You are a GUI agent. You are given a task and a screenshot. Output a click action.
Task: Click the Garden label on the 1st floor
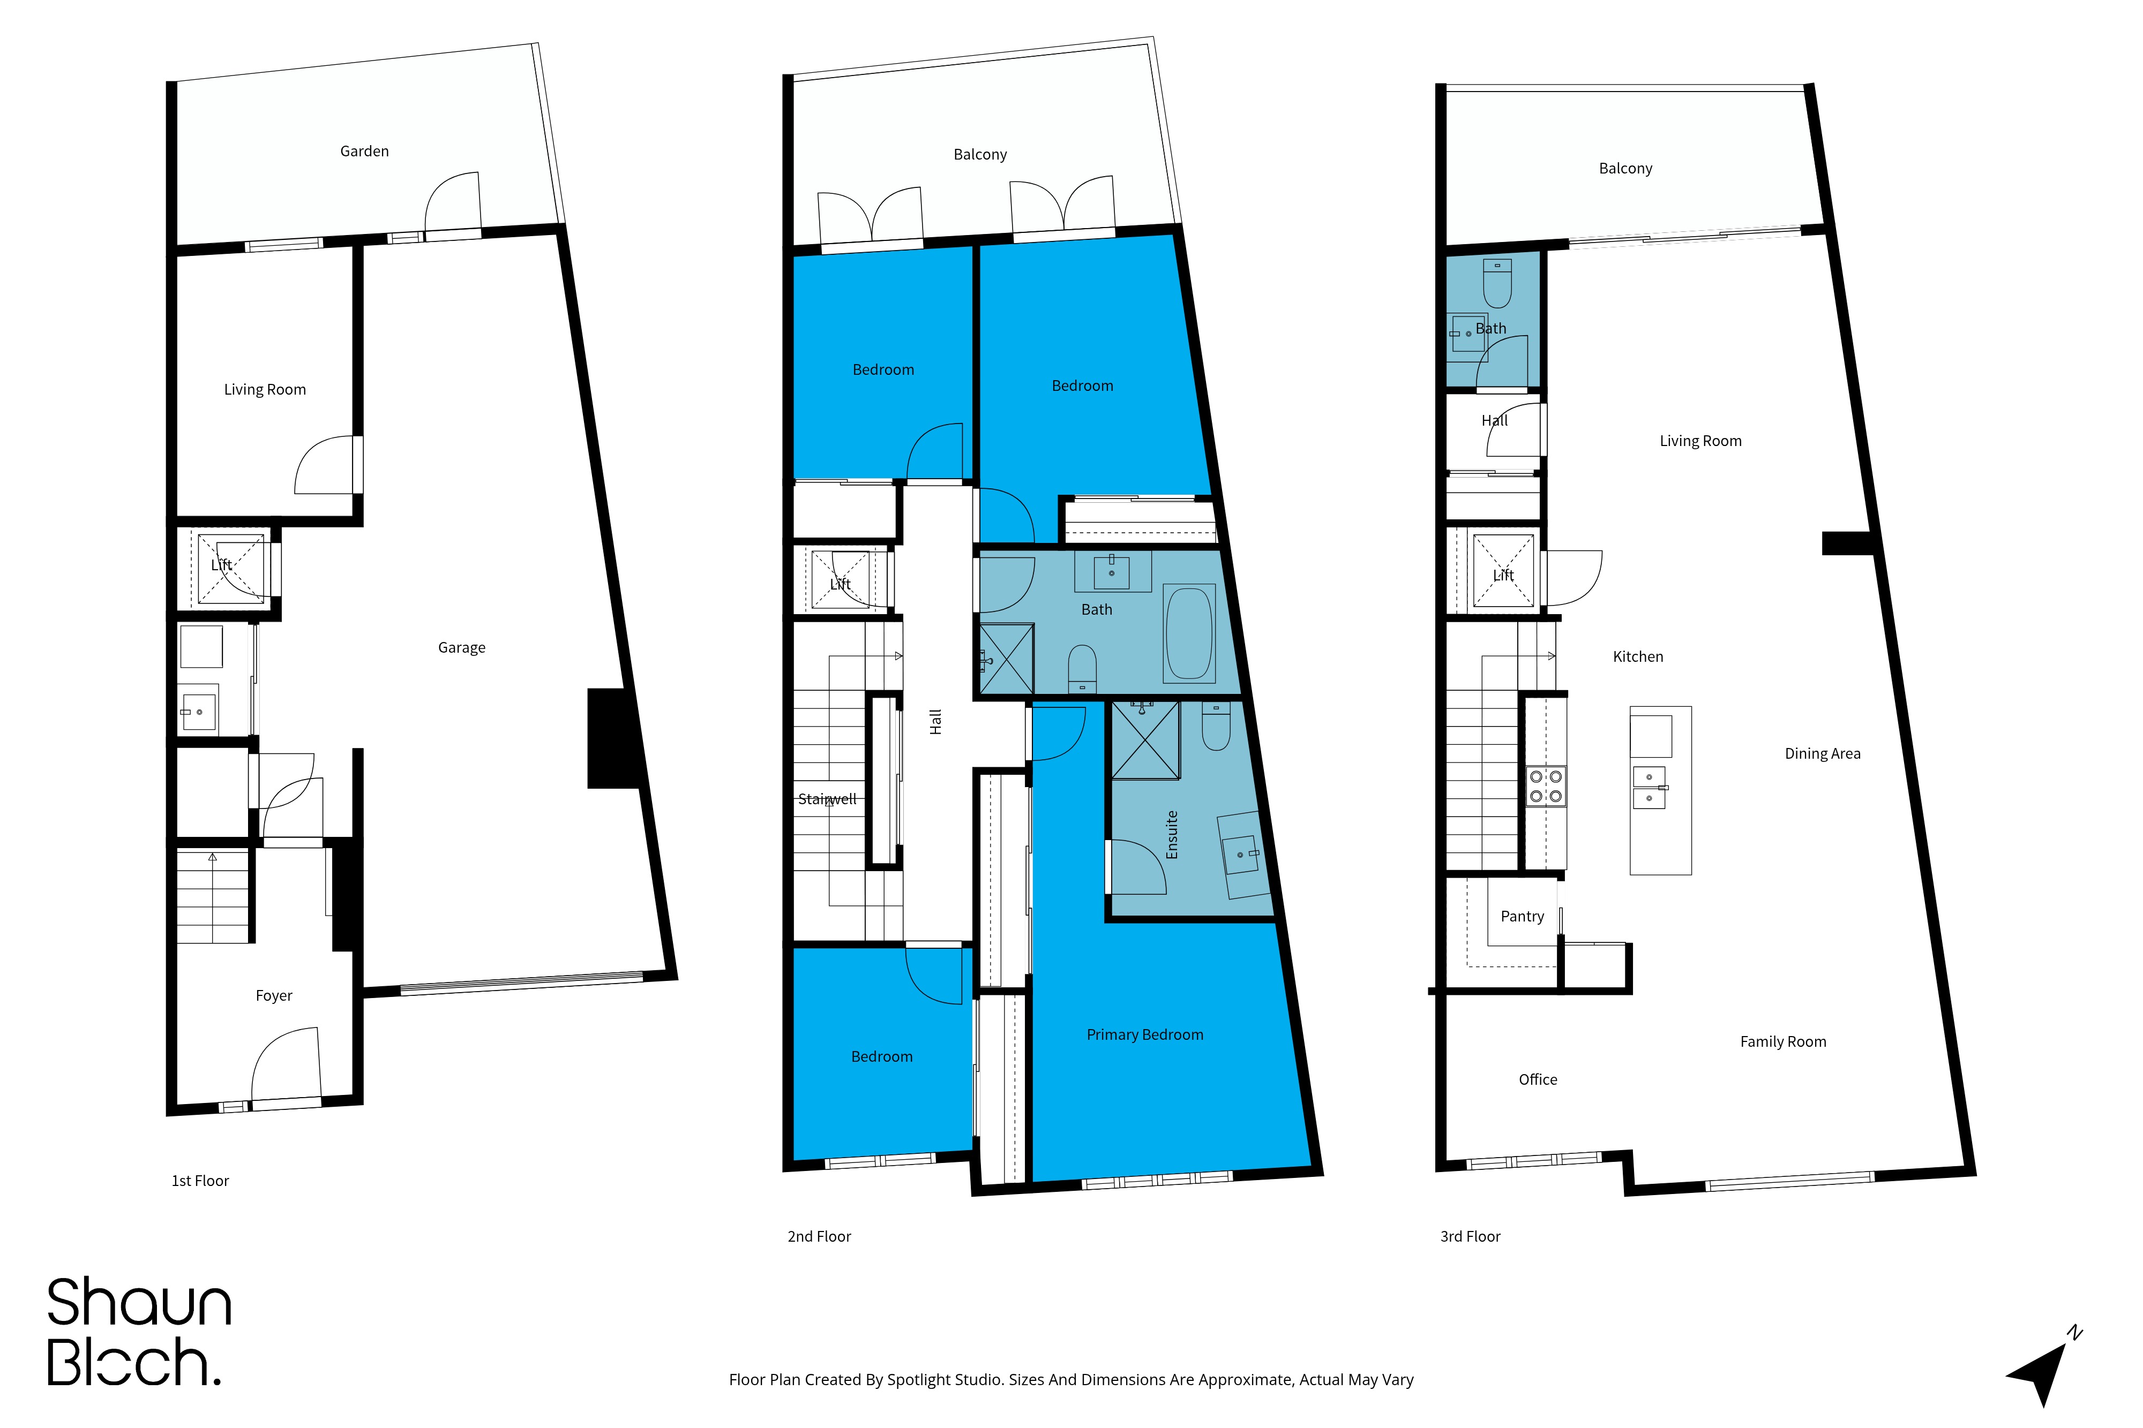pyautogui.click(x=364, y=151)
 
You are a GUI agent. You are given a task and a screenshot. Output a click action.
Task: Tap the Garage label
pyautogui.click(x=462, y=647)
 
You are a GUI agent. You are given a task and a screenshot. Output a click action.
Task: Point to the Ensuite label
pyautogui.click(x=1173, y=834)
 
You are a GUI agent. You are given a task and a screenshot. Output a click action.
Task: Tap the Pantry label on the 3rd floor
pyautogui.click(x=1523, y=916)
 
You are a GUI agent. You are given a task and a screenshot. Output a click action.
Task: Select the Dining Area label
pyautogui.click(x=1822, y=753)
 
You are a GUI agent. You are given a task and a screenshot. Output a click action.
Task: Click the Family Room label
pyautogui.click(x=1783, y=1041)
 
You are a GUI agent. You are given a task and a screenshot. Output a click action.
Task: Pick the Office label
pyautogui.click(x=1538, y=1079)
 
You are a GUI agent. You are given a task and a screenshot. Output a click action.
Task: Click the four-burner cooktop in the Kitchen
pyautogui.click(x=1546, y=786)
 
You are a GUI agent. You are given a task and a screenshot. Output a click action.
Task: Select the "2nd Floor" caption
pyautogui.click(x=819, y=1236)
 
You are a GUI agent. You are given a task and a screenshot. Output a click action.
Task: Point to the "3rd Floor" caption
pyautogui.click(x=1470, y=1236)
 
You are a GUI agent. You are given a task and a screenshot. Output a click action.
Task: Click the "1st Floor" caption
pyautogui.click(x=200, y=1180)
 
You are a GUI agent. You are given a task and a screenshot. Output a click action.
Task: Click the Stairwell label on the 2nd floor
pyautogui.click(x=827, y=799)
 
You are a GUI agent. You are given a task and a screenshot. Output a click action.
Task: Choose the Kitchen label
pyautogui.click(x=1638, y=656)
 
